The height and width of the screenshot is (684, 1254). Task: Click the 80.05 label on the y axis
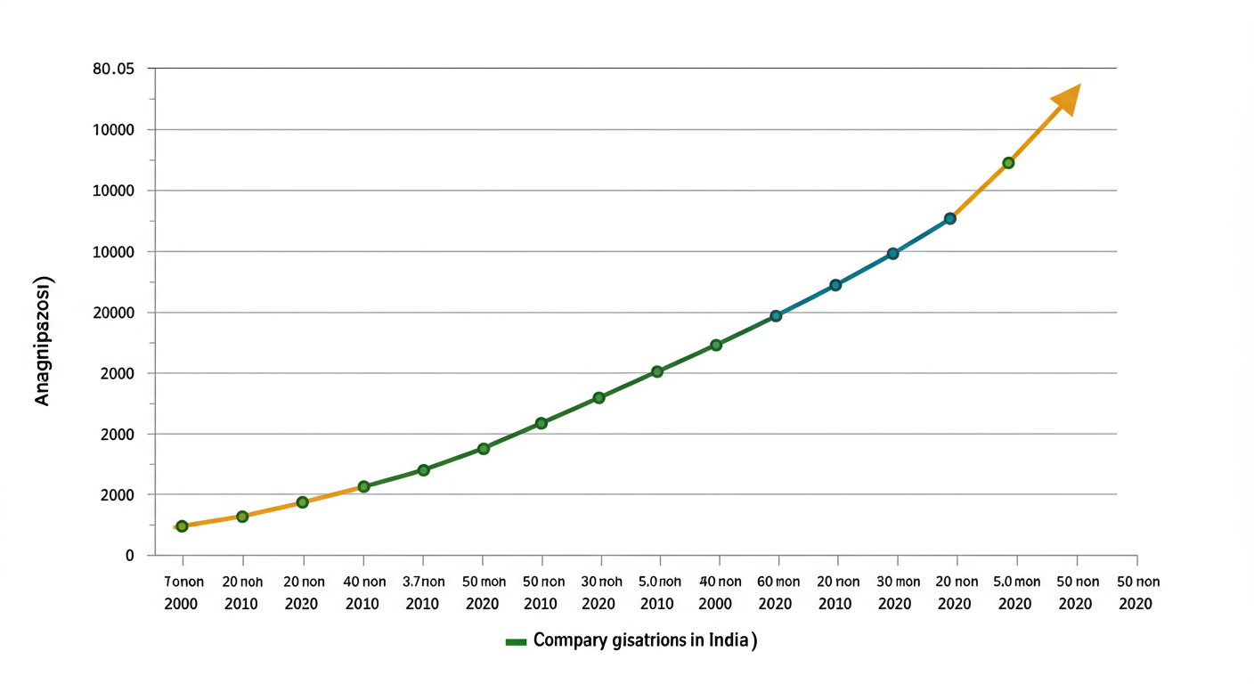click(112, 69)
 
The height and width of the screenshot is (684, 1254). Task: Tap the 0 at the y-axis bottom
click(129, 555)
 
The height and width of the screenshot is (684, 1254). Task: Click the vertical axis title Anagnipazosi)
click(43, 342)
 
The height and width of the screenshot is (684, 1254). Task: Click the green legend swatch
click(516, 642)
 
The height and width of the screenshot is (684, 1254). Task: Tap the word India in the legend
click(729, 641)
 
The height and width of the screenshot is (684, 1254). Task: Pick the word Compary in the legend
click(566, 641)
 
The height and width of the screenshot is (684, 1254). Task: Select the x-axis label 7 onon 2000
click(183, 592)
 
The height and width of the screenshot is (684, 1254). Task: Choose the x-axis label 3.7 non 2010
click(422, 592)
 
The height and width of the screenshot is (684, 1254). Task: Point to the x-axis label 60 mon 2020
click(777, 592)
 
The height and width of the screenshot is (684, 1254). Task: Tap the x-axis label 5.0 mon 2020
click(1014, 592)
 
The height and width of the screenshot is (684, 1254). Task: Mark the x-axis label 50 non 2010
click(541, 592)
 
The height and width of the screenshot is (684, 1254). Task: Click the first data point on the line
click(182, 526)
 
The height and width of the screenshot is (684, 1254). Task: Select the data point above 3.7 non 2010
click(423, 469)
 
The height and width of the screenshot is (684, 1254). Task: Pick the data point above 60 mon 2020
click(776, 315)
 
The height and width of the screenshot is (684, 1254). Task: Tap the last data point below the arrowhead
click(1008, 163)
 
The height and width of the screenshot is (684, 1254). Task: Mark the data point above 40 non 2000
click(716, 345)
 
